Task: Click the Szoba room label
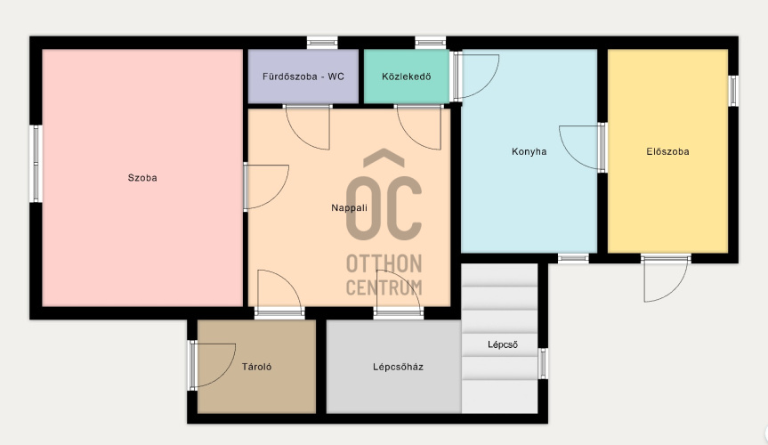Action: [x=142, y=178]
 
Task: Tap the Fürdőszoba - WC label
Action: [x=303, y=77]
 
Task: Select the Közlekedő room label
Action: [x=407, y=77]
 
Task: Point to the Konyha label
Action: [x=529, y=151]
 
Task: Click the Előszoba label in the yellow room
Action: [x=667, y=151]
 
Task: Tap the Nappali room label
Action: [x=349, y=207]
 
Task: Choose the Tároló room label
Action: [x=256, y=367]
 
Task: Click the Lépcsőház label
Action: [x=398, y=367]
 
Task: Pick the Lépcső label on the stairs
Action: [x=503, y=344]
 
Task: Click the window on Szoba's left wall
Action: [x=36, y=164]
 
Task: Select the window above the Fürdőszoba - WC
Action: [x=322, y=43]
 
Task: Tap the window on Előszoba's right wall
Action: [x=732, y=91]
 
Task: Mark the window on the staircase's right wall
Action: [x=543, y=363]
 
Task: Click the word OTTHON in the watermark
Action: [x=384, y=263]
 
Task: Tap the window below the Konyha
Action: [x=573, y=258]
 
